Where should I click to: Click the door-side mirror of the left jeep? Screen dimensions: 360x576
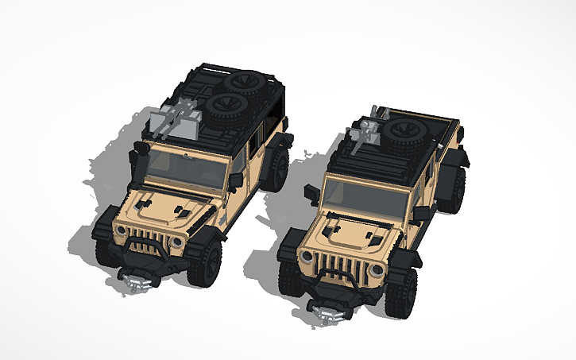pos(236,180)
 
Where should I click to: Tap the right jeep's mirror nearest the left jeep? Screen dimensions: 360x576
pos(311,191)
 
